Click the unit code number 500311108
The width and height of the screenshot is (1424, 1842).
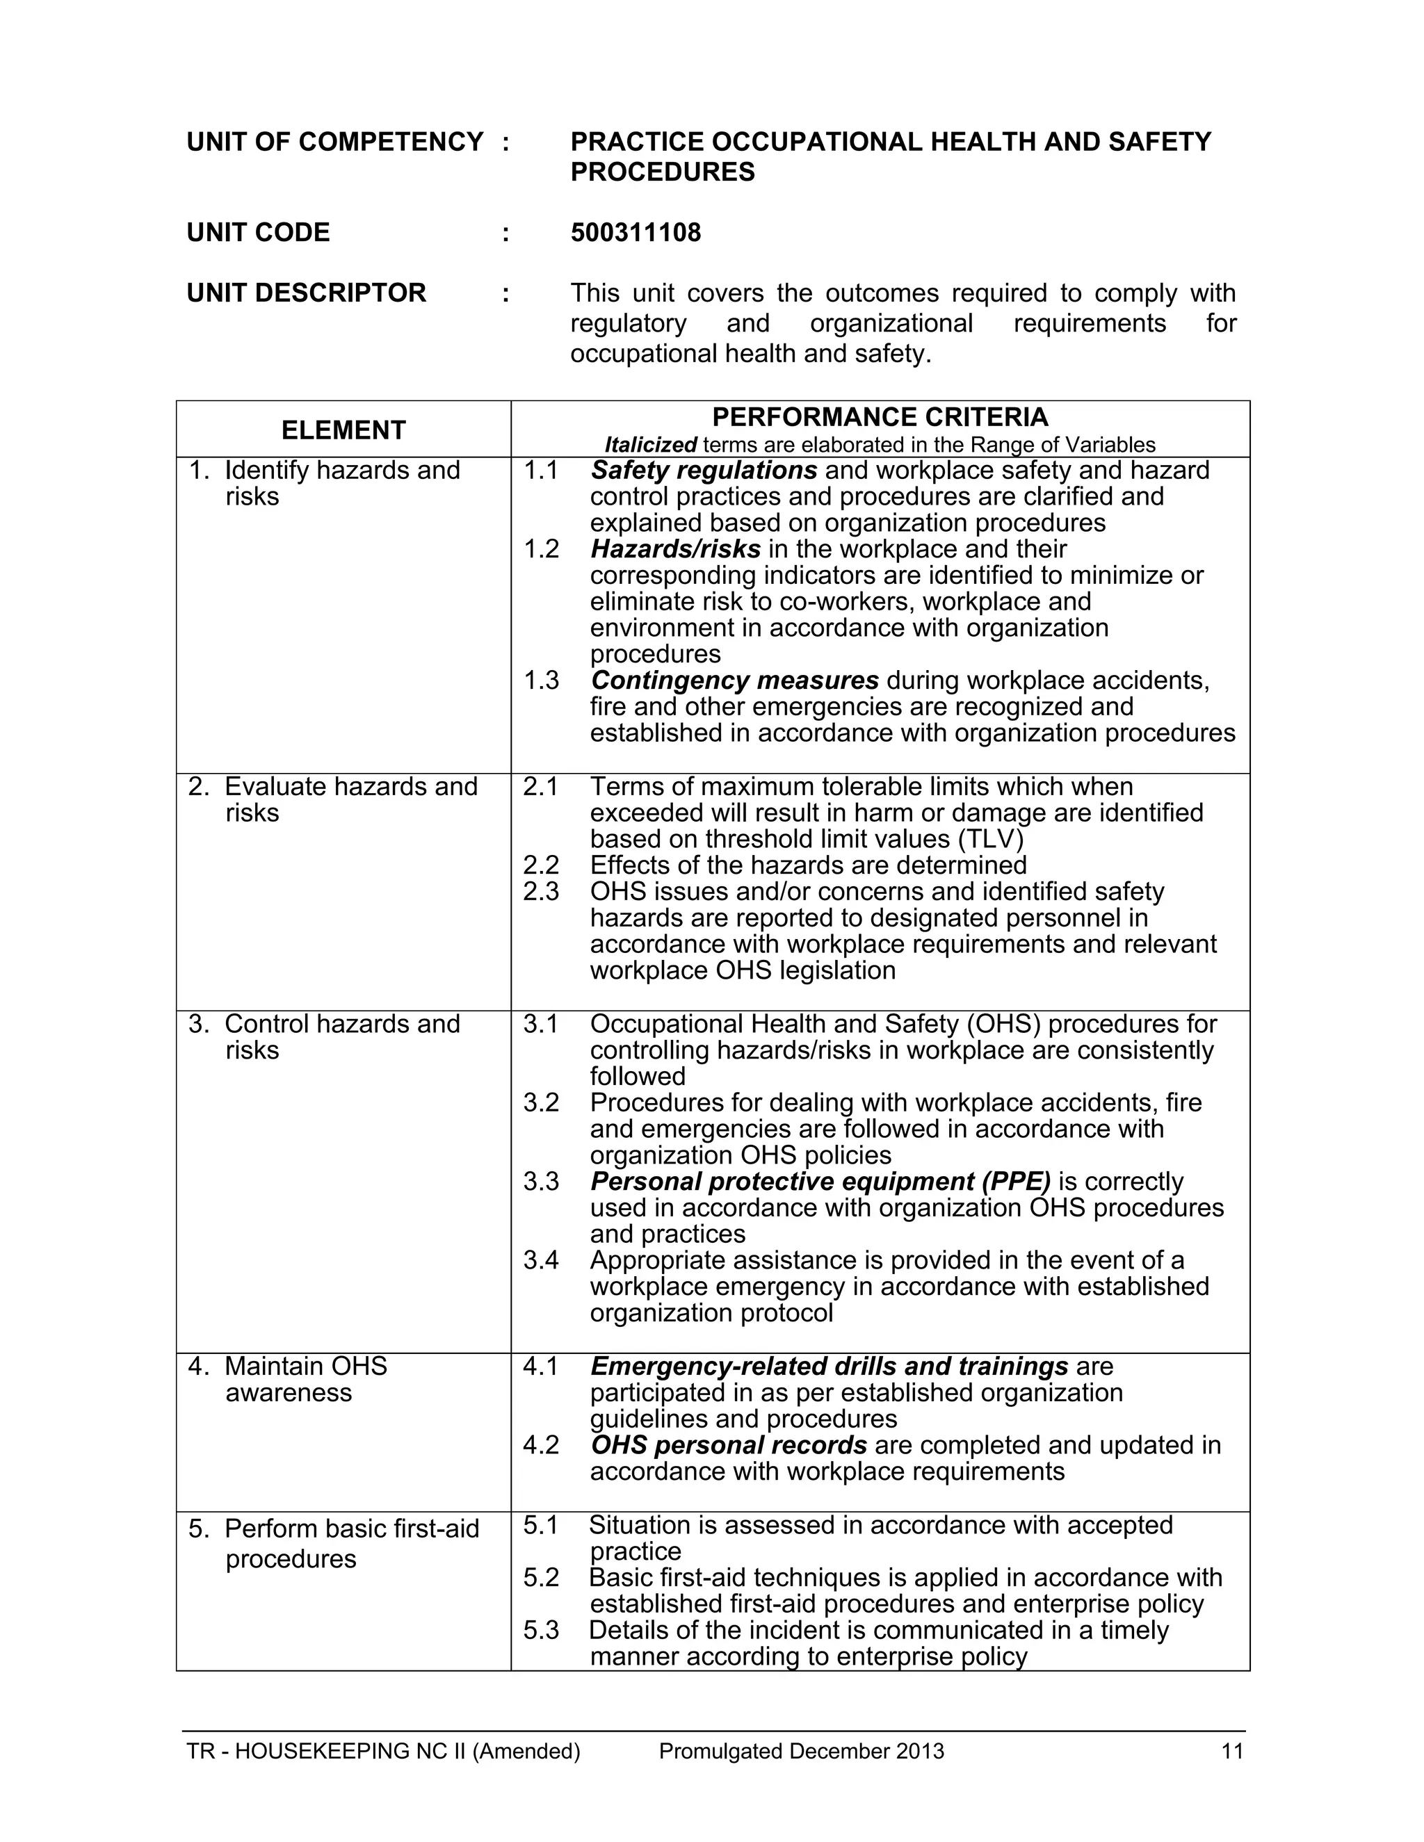pyautogui.click(x=636, y=233)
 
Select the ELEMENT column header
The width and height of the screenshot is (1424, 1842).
pyautogui.click(x=343, y=430)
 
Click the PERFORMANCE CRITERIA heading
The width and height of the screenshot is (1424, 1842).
pyautogui.click(x=880, y=416)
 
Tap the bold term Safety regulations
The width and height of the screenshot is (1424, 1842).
pyautogui.click(x=704, y=470)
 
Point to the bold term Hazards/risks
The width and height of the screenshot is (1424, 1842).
pyautogui.click(x=675, y=549)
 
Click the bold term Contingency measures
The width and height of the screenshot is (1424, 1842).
pyautogui.click(x=734, y=680)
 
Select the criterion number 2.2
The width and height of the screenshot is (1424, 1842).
pyautogui.click(x=541, y=865)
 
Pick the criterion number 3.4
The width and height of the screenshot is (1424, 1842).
pyautogui.click(x=541, y=1260)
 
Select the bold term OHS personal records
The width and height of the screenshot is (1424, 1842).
pyautogui.click(x=728, y=1445)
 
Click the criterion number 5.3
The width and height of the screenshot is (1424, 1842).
pyautogui.click(x=541, y=1629)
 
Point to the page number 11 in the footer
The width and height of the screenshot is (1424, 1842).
pyautogui.click(x=1231, y=1751)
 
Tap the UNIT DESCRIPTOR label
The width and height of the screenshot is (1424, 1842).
pyautogui.click(x=306, y=293)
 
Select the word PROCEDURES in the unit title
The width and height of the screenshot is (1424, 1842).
pyautogui.click(x=662, y=172)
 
